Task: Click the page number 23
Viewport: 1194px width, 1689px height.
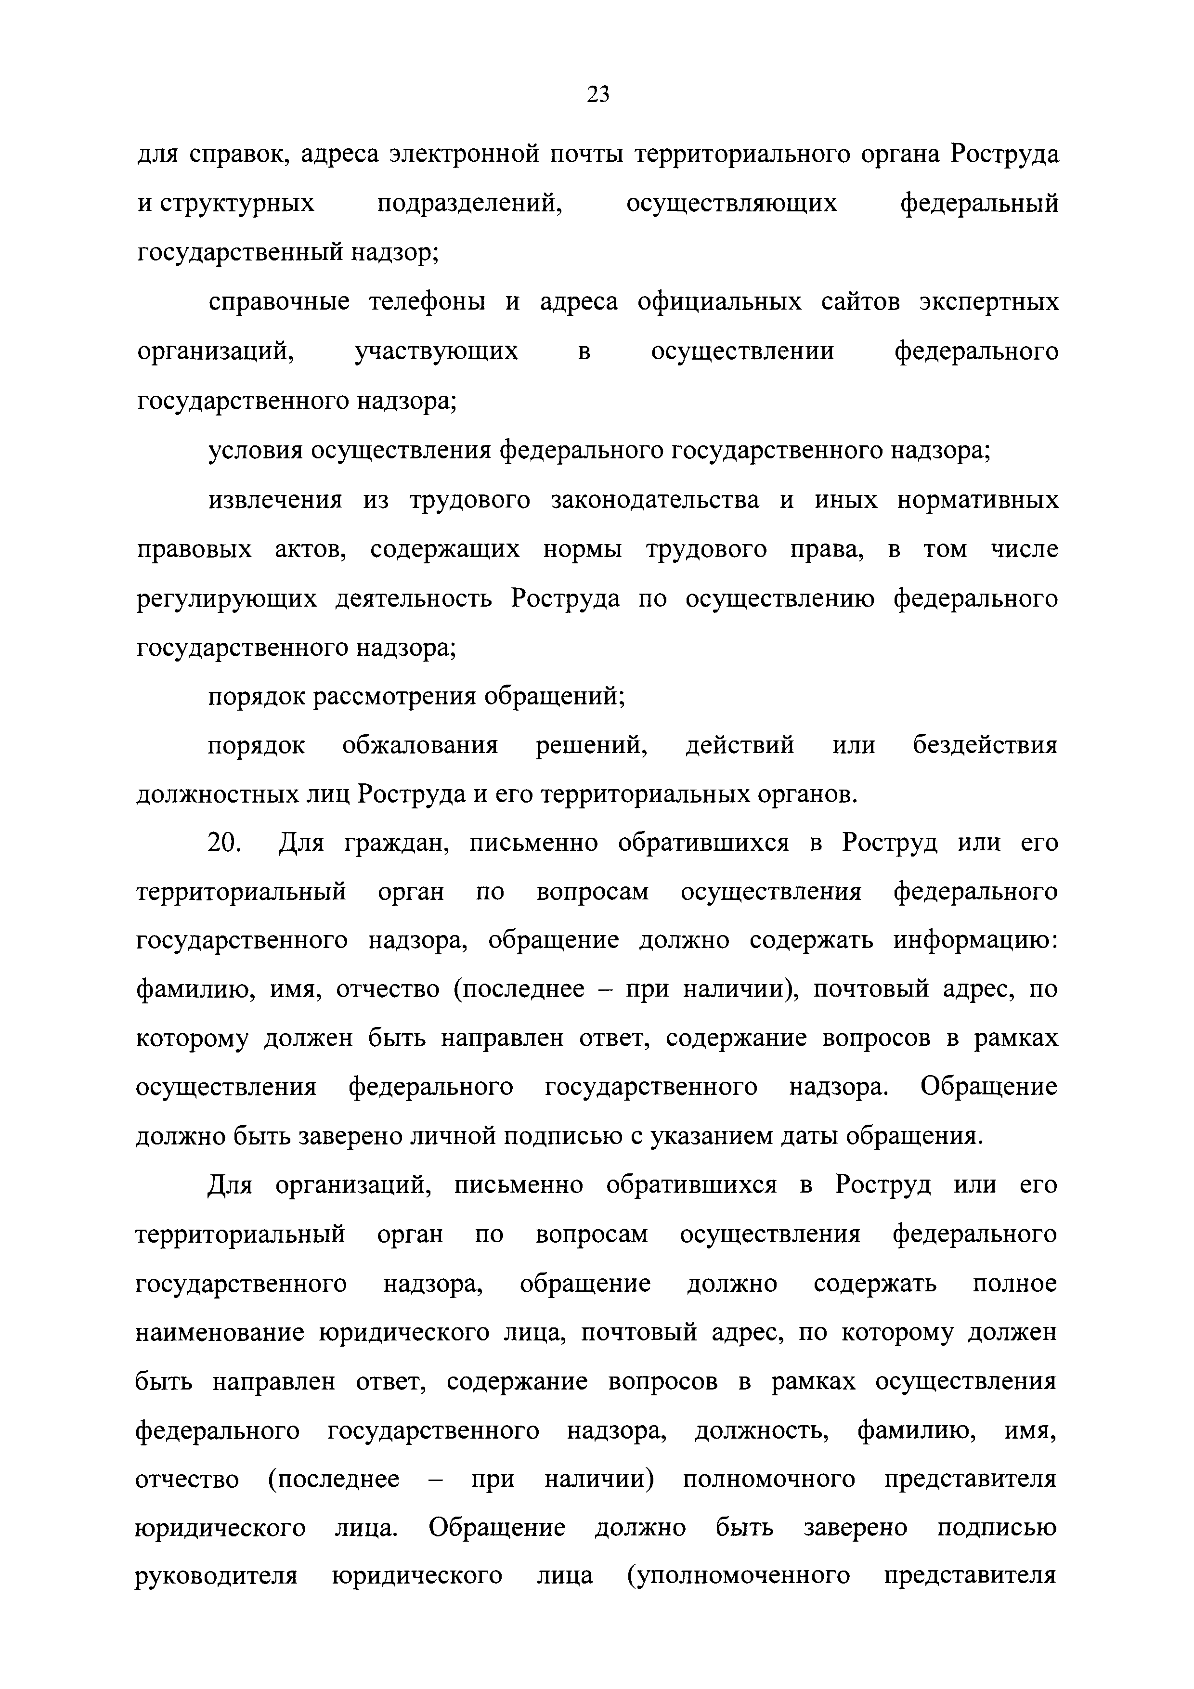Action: click(597, 94)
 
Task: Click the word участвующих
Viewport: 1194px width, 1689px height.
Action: click(436, 351)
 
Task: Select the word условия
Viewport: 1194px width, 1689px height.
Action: click(255, 450)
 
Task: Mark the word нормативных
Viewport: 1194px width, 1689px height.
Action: click(978, 500)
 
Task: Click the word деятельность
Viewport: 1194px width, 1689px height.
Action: click(414, 599)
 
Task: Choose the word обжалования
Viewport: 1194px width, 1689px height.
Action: click(420, 746)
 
